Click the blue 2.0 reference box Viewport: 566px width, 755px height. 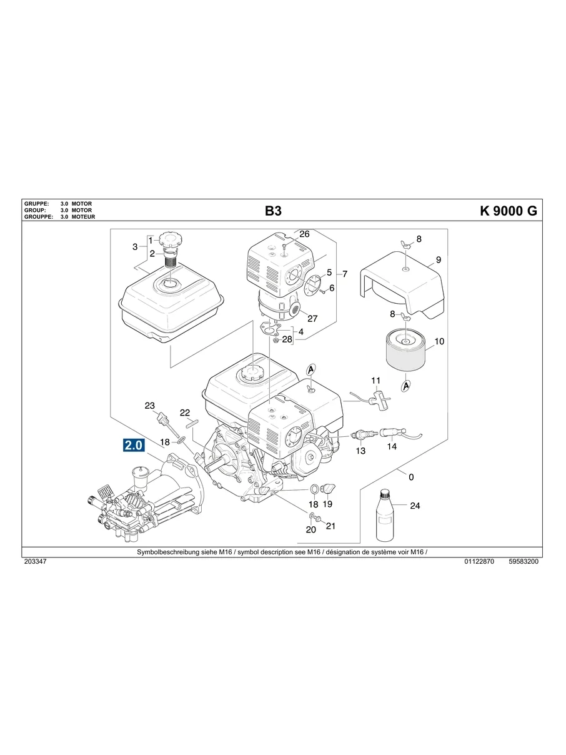(x=134, y=446)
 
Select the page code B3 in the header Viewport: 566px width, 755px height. (x=273, y=211)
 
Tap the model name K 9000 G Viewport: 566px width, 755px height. (x=508, y=211)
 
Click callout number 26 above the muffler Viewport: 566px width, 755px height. (x=304, y=234)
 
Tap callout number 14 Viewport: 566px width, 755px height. (x=392, y=447)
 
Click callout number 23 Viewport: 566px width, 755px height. (x=149, y=406)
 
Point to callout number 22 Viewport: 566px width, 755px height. (x=185, y=412)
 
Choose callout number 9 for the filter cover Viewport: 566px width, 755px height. (x=438, y=259)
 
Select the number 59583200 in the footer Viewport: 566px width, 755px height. (x=524, y=562)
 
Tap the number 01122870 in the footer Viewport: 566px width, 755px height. (x=479, y=562)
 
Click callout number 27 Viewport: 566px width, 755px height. (x=312, y=318)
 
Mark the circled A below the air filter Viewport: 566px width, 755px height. (x=406, y=386)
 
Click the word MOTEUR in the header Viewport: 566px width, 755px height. (x=82, y=217)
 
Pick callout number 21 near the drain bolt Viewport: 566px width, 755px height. (x=330, y=526)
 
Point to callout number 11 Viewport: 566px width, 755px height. (x=375, y=380)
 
